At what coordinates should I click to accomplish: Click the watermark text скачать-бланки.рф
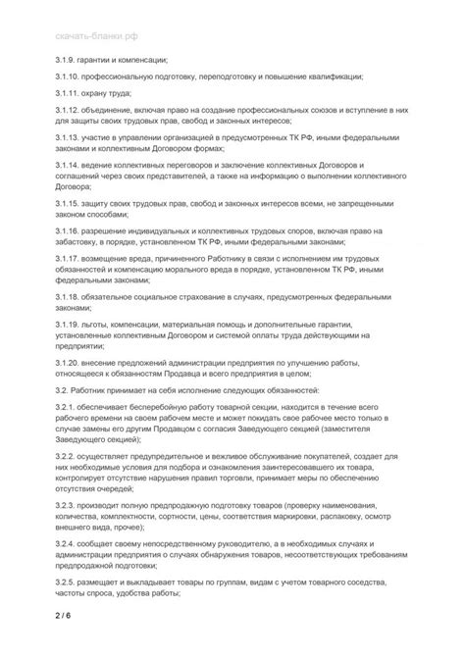pos(97,35)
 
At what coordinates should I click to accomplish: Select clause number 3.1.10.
pos(68,76)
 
